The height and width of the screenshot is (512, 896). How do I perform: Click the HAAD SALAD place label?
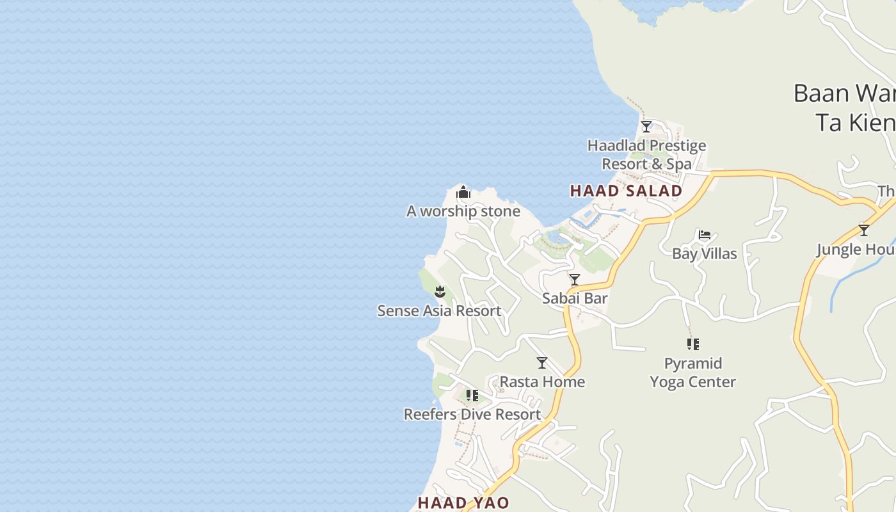point(626,191)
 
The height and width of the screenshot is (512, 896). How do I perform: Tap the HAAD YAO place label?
point(463,503)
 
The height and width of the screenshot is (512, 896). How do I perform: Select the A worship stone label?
point(463,211)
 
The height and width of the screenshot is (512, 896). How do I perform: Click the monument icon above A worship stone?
point(463,192)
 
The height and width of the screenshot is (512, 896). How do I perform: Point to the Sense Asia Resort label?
point(439,311)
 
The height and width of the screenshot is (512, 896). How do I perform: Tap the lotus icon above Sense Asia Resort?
point(440,292)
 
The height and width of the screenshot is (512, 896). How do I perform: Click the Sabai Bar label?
point(575,298)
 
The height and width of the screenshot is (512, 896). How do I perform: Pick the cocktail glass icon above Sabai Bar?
point(575,280)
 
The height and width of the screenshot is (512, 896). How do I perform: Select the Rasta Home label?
point(542,382)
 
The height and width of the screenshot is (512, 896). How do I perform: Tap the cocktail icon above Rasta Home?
point(542,363)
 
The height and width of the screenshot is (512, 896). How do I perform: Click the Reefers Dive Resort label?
point(472,415)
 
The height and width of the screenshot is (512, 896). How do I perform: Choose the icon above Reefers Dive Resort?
point(472,396)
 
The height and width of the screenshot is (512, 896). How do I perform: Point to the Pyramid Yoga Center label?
point(692,372)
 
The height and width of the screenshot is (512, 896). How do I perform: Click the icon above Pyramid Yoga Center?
point(692,344)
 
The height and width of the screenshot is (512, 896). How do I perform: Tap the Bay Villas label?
point(704,254)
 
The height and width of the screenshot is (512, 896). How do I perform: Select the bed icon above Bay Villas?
point(705,235)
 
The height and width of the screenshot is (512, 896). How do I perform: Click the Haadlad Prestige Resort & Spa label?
point(646,155)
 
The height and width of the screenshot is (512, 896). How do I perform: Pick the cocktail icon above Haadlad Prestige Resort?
point(646,126)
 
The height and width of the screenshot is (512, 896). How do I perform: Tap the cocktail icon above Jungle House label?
point(864,230)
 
